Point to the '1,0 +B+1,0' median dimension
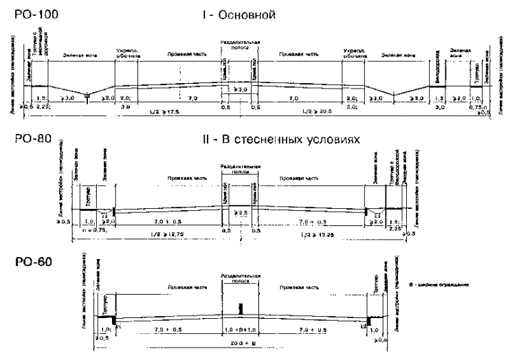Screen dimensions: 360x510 (241, 330)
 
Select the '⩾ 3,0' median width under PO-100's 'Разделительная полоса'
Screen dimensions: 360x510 (239, 89)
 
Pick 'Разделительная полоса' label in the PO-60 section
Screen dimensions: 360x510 (240, 278)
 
